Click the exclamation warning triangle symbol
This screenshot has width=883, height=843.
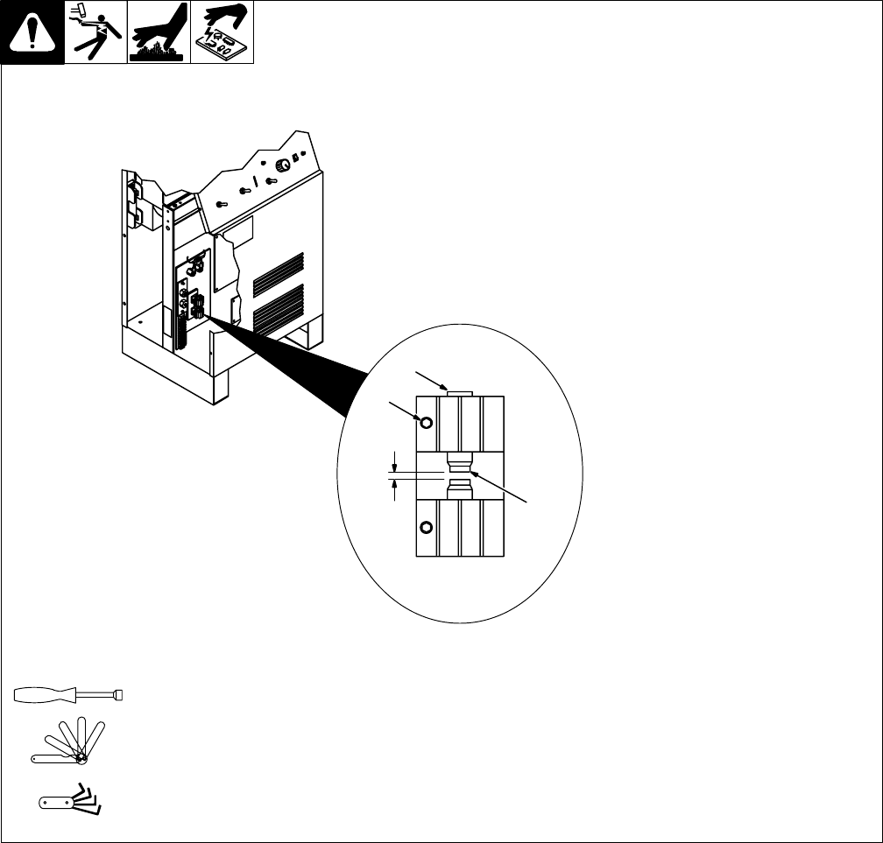click(x=32, y=32)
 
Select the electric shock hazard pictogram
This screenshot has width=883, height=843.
click(x=95, y=32)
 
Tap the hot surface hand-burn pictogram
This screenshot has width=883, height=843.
click(x=159, y=32)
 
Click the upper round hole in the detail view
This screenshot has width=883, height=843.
click(x=427, y=423)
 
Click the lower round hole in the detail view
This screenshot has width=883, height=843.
click(x=427, y=527)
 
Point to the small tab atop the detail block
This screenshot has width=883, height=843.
click(x=460, y=393)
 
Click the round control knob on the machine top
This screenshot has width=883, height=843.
click(x=283, y=165)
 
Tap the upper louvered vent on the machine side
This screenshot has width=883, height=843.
click(x=279, y=274)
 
